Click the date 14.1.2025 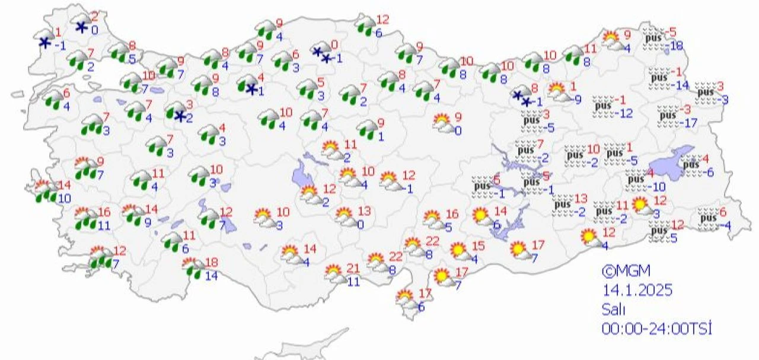637,291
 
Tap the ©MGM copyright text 626,272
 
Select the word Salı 614,309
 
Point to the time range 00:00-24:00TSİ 656,328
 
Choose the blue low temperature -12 624,113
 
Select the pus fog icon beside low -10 636,177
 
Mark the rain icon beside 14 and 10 44,191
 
